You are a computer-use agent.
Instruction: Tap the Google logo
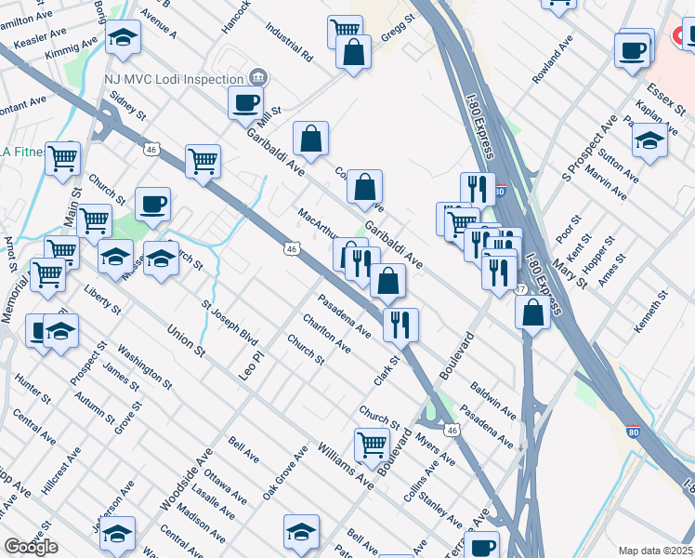(31, 547)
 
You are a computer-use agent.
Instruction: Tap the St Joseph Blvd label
(229, 323)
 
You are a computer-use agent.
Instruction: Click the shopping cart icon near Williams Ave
(372, 444)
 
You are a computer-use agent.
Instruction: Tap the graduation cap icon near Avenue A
(123, 37)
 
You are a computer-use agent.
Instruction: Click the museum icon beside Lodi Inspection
(259, 77)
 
